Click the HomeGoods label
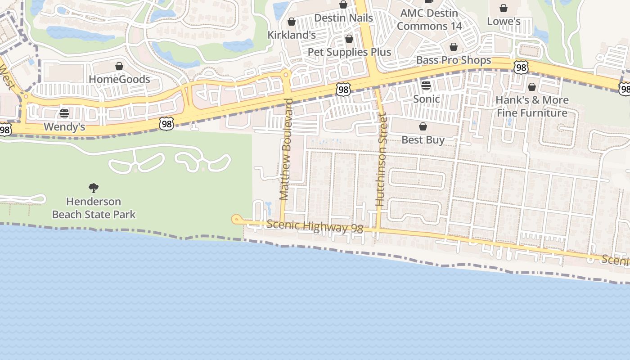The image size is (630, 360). (x=119, y=80)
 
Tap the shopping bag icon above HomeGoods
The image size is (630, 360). (x=119, y=67)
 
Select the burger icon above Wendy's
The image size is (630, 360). (x=64, y=113)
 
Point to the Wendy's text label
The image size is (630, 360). (x=64, y=127)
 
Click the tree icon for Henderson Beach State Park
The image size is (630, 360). (x=94, y=188)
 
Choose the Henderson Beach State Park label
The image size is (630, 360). (x=94, y=208)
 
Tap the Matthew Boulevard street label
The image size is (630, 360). (x=286, y=149)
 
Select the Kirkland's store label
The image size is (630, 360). (x=292, y=35)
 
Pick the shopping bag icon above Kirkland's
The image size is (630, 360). (x=292, y=22)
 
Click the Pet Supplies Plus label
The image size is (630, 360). (x=349, y=52)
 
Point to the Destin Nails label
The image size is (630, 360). (x=343, y=18)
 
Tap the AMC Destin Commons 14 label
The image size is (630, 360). (x=429, y=20)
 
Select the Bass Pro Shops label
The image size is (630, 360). (x=454, y=60)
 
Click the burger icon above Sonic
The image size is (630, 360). (x=426, y=85)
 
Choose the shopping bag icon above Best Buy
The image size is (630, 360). (x=423, y=126)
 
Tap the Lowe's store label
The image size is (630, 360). (x=504, y=22)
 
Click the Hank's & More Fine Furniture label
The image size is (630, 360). (x=532, y=106)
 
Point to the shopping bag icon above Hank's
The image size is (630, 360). (x=532, y=87)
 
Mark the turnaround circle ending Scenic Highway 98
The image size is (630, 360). (x=236, y=220)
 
